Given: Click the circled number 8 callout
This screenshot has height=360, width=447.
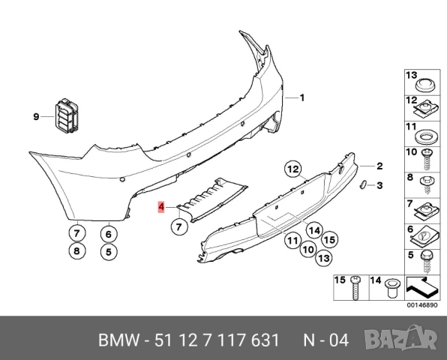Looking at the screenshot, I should click(76, 251).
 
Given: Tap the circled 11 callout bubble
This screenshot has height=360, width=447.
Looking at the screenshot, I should click(292, 240).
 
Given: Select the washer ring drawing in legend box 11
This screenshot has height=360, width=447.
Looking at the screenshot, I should click(425, 137).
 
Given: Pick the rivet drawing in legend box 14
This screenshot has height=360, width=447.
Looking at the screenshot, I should click(391, 287).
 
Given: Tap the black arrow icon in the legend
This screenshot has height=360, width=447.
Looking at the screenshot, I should click(422, 286).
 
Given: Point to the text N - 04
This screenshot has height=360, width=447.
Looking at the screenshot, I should click(325, 340).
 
